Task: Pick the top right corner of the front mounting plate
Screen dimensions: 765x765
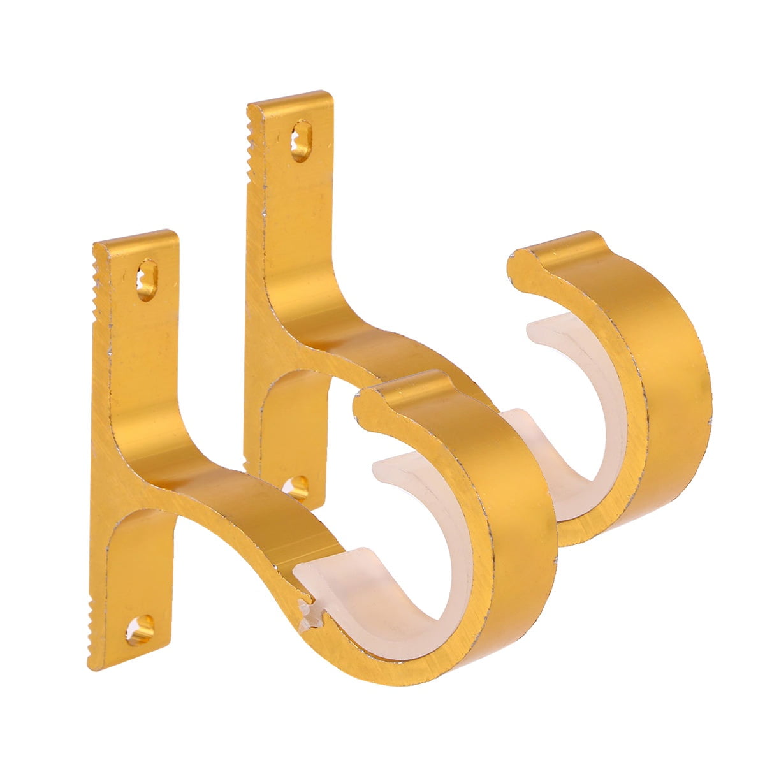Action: [173, 235]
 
